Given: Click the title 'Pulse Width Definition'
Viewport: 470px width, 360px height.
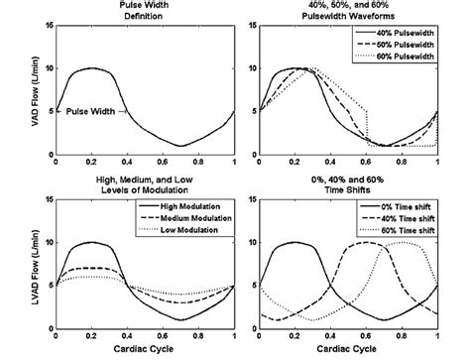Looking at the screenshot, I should pos(144,14).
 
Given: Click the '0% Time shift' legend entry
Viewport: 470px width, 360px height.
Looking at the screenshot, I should pos(401,207).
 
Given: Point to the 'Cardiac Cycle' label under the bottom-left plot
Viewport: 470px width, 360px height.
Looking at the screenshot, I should pos(144,349).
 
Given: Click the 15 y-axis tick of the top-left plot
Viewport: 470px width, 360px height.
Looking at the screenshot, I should pos(46,25).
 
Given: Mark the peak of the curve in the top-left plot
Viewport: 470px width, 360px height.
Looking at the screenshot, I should pos(91,68).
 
